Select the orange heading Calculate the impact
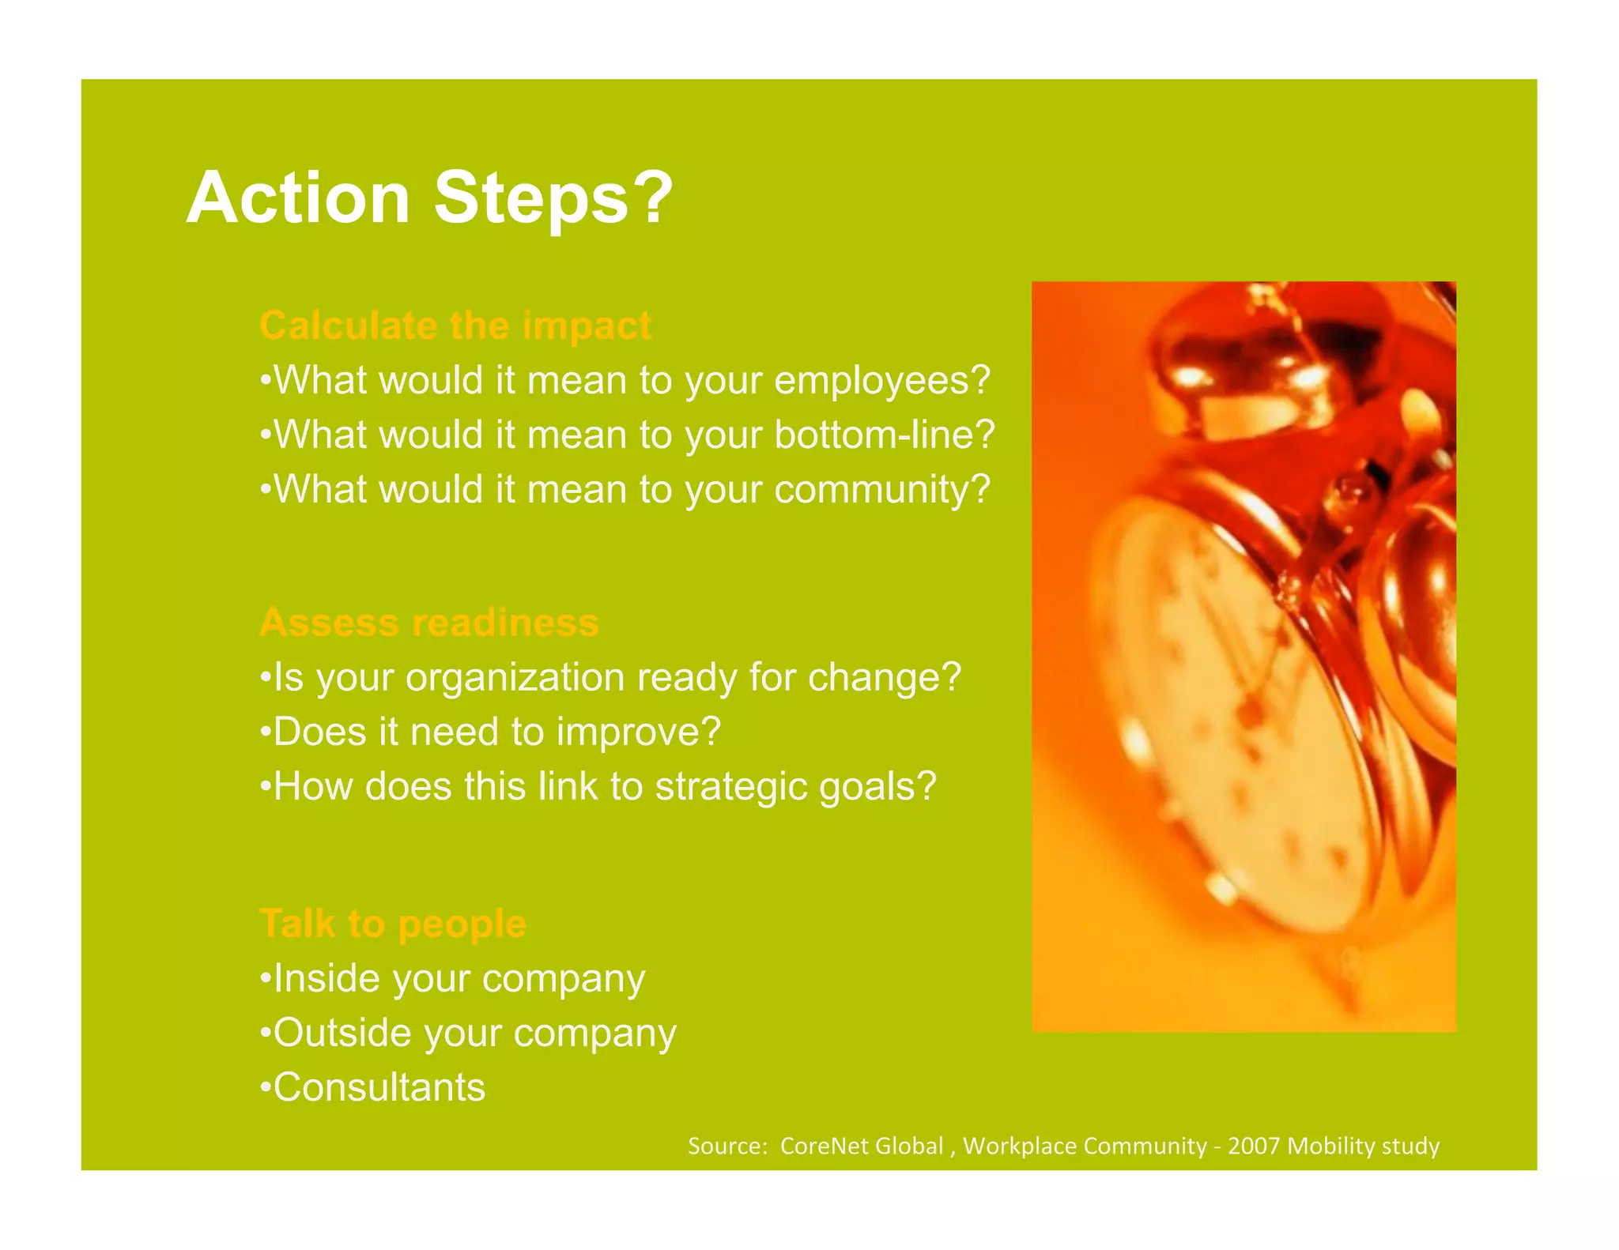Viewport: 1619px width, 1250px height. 455,326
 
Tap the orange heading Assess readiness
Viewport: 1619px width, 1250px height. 428,623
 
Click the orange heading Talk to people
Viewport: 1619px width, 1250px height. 392,923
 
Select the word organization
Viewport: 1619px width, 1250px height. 515,678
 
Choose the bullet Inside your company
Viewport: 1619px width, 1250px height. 452,978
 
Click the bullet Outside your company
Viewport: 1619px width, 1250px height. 468,1033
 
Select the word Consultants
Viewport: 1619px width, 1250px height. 378,1087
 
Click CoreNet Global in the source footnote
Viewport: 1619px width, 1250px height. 861,1146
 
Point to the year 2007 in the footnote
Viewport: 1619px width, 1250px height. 1252,1146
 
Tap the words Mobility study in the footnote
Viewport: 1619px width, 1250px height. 1363,1146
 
